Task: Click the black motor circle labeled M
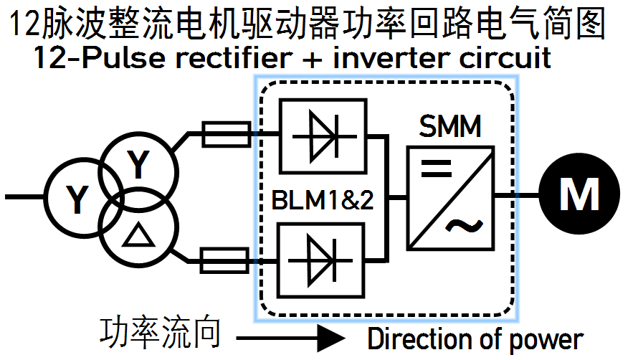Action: tap(579, 194)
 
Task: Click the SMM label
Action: tap(450, 130)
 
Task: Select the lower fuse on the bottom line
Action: tap(225, 261)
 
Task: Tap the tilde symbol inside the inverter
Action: tap(464, 227)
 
